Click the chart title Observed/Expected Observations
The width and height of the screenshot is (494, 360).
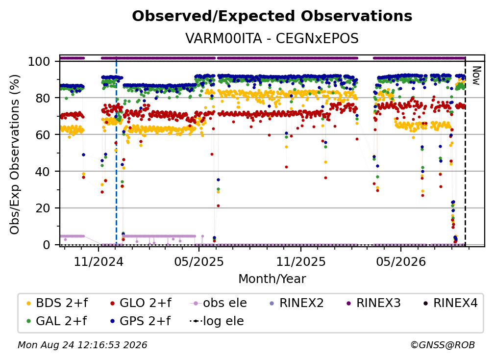pyautogui.click(x=272, y=16)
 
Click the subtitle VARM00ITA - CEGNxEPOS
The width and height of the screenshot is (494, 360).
pyautogui.click(x=272, y=38)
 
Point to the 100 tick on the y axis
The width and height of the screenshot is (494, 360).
pyautogui.click(x=39, y=61)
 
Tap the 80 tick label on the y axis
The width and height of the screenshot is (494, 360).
pyautogui.click(x=43, y=98)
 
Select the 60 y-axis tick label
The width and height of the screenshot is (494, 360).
pyautogui.click(x=43, y=134)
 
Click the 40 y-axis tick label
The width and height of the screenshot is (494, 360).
pyautogui.click(x=43, y=172)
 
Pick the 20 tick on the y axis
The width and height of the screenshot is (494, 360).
pyautogui.click(x=43, y=208)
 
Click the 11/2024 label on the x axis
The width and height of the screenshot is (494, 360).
pyautogui.click(x=99, y=261)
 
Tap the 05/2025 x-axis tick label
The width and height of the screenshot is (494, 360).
pyautogui.click(x=199, y=261)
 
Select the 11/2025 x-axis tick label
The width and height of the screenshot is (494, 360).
pyautogui.click(x=301, y=261)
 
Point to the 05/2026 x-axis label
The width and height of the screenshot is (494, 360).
pyautogui.click(x=401, y=261)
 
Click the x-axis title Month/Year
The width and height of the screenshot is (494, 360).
pyautogui.click(x=272, y=279)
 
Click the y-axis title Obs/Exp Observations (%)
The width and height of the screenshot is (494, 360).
pyautogui.click(x=15, y=154)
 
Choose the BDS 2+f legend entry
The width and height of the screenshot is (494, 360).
pyautogui.click(x=57, y=303)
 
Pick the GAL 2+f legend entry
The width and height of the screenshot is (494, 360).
pyautogui.click(x=57, y=321)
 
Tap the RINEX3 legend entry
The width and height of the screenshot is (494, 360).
pyautogui.click(x=373, y=303)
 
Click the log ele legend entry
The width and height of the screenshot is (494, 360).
pyautogui.click(x=217, y=321)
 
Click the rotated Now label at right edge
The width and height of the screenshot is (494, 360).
pyautogui.click(x=476, y=76)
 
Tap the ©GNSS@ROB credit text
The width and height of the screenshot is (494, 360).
pyautogui.click(x=443, y=345)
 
